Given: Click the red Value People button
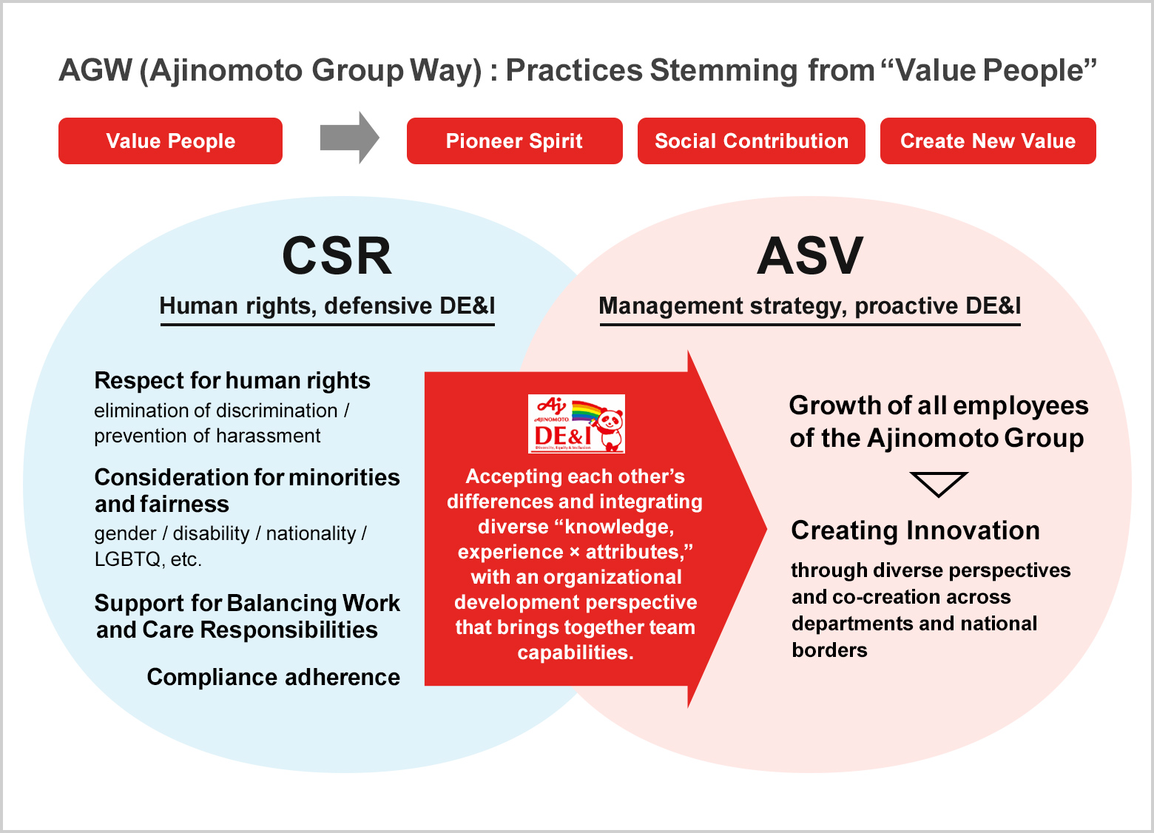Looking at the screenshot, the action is [x=170, y=141].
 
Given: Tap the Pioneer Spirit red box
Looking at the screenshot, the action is [x=514, y=141].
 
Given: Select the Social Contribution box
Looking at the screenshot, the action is [x=751, y=141].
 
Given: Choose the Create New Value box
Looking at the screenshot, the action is [x=988, y=141].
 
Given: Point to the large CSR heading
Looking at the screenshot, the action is [x=337, y=256].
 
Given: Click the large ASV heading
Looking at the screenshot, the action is [x=810, y=256].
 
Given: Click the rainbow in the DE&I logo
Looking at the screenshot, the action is [x=587, y=412].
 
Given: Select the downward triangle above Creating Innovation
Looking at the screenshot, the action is [x=939, y=482].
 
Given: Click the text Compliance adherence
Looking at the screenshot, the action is [x=273, y=677].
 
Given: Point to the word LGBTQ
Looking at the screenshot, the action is [x=127, y=559].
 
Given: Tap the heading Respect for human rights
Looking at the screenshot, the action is [x=232, y=381].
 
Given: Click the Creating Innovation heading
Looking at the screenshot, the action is [x=916, y=530].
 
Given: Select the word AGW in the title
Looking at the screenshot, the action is [x=95, y=70].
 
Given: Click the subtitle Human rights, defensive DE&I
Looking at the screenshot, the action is [x=327, y=306].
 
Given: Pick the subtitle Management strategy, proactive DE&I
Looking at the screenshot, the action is [x=810, y=306].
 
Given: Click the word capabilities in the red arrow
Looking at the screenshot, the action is [x=576, y=652].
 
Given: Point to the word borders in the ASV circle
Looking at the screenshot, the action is [x=829, y=650].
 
